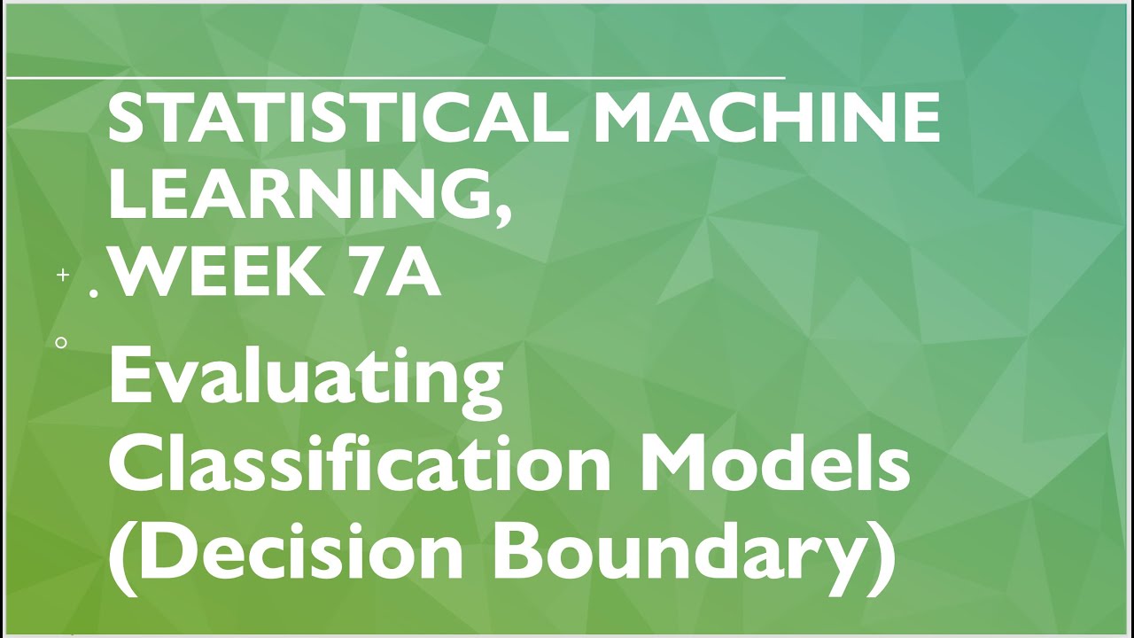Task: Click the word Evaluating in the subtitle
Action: click(x=306, y=377)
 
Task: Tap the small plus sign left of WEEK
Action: click(x=63, y=276)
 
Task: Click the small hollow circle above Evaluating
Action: click(x=61, y=342)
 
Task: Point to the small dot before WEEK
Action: click(x=95, y=292)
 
